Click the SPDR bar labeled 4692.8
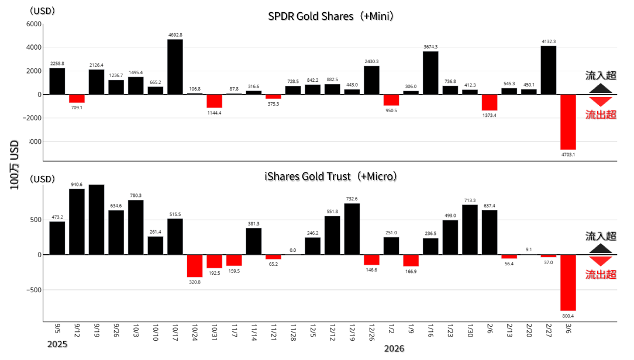click(x=175, y=67)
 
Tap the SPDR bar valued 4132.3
click(x=548, y=70)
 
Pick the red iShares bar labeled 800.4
click(x=568, y=282)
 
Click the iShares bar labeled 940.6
click(x=77, y=221)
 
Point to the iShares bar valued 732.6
click(x=352, y=229)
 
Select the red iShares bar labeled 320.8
click(x=195, y=266)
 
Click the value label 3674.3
click(x=430, y=47)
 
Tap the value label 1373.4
click(x=489, y=115)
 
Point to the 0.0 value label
click(x=292, y=250)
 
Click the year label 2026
click(x=394, y=349)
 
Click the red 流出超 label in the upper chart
click(x=601, y=115)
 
